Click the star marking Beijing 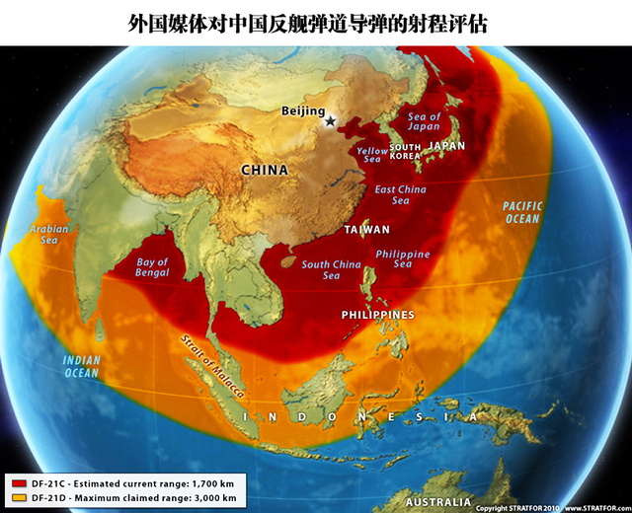tap(330, 120)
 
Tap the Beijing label tap(302, 111)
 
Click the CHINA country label tap(266, 170)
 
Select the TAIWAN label tap(366, 229)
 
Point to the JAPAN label tap(447, 145)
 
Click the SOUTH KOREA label tap(405, 151)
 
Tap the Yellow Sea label tap(372, 154)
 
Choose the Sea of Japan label tap(424, 121)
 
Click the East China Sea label tap(400, 194)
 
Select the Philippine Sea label tap(403, 258)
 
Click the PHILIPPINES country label tap(377, 315)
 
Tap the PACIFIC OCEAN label tap(522, 212)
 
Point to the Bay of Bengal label tap(150, 267)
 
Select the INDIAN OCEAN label tap(81, 366)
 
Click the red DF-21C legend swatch tap(19, 483)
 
